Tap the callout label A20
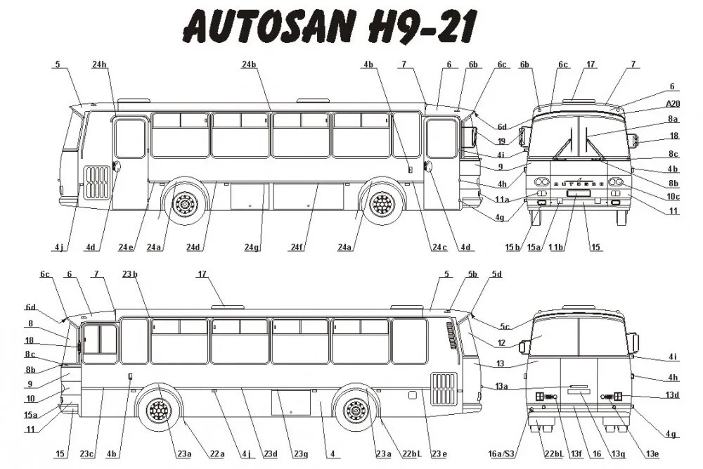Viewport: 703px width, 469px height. [x=671, y=103]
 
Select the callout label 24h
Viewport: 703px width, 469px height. [x=99, y=64]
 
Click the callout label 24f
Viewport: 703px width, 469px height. [x=297, y=247]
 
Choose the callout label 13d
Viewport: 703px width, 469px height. [x=672, y=396]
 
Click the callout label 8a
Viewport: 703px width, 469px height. [x=672, y=119]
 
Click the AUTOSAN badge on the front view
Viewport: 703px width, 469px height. [x=579, y=181]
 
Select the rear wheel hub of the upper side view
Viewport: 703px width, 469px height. [x=186, y=205]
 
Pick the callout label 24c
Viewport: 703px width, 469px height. [x=439, y=247]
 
